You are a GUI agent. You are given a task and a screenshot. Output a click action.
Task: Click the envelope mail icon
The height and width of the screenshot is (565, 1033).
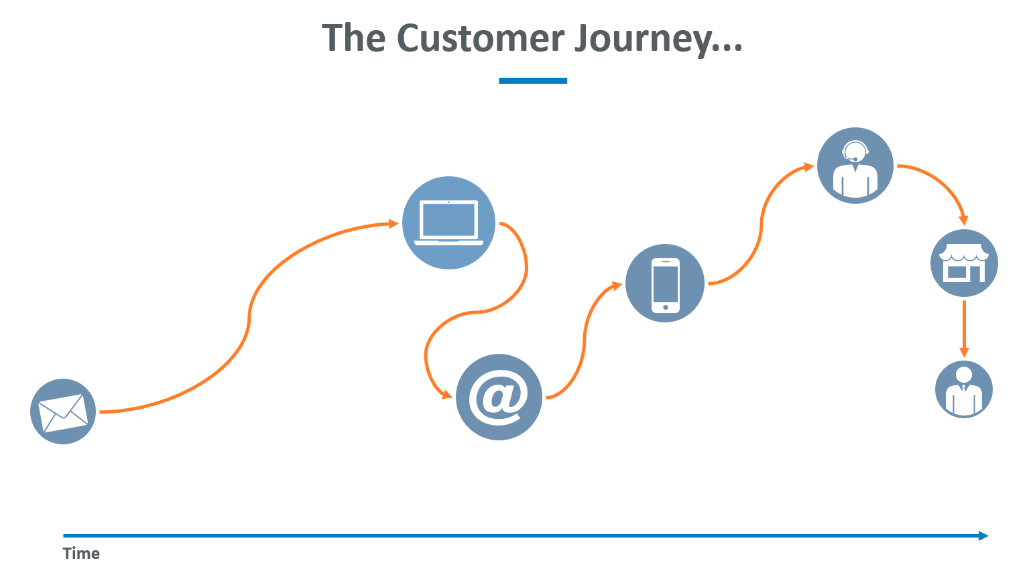pyautogui.click(x=63, y=412)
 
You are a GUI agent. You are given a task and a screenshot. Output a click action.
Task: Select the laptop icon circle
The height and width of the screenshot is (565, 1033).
pyautogui.click(x=448, y=223)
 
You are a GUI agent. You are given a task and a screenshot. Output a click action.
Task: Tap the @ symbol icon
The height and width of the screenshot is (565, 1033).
pyautogui.click(x=499, y=397)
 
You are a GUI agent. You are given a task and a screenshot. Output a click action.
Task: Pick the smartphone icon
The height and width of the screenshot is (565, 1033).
pyautogui.click(x=665, y=284)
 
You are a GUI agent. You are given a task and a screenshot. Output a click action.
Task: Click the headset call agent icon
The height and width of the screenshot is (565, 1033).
pyautogui.click(x=855, y=166)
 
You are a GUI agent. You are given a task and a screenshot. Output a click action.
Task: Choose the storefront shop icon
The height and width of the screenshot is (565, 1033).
pyautogui.click(x=964, y=263)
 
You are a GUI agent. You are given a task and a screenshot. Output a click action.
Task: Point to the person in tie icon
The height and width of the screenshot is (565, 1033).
pyautogui.click(x=964, y=389)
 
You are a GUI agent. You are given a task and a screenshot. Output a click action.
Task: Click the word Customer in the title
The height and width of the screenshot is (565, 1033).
pyautogui.click(x=481, y=38)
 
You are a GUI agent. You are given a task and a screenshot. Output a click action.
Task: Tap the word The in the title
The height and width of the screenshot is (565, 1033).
pyautogui.click(x=354, y=38)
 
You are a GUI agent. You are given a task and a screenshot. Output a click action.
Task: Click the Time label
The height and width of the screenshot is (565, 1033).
pyautogui.click(x=81, y=553)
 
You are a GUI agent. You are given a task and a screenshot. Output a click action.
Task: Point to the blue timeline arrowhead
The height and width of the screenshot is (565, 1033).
pyautogui.click(x=983, y=536)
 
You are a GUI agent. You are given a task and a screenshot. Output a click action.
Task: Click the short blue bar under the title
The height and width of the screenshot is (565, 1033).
pyautogui.click(x=533, y=80)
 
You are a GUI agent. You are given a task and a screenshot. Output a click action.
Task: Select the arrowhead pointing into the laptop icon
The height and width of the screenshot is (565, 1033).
pyautogui.click(x=393, y=224)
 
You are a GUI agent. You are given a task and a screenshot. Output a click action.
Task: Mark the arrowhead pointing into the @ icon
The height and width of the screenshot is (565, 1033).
pyautogui.click(x=446, y=394)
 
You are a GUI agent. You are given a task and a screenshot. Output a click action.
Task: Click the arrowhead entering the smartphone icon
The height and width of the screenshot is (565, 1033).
pyautogui.click(x=617, y=286)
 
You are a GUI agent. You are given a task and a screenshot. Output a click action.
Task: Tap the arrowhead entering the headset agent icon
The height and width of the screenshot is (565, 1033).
pyautogui.click(x=809, y=166)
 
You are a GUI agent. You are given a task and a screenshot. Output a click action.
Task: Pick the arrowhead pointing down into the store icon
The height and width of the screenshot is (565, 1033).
pyautogui.click(x=963, y=220)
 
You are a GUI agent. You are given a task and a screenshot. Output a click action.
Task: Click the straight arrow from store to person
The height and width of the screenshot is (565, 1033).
pyautogui.click(x=964, y=329)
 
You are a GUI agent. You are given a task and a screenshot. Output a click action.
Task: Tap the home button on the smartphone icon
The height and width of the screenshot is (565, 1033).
pyautogui.click(x=666, y=307)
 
